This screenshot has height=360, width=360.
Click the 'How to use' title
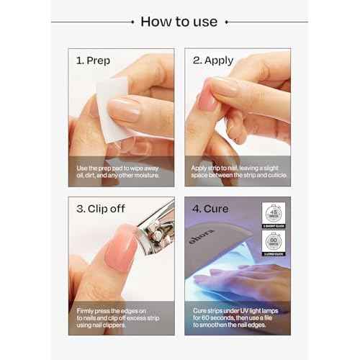[179, 21]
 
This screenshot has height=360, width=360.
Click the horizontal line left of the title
[94, 22]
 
